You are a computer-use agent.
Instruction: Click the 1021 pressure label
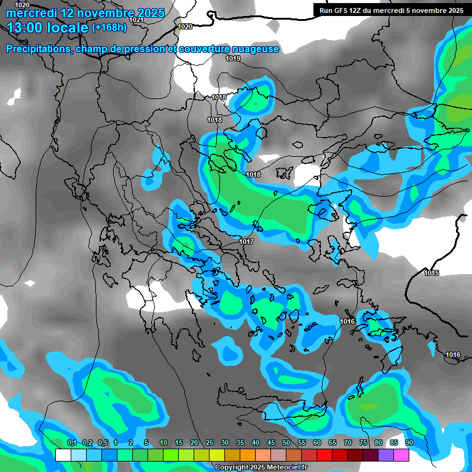click(136, 20)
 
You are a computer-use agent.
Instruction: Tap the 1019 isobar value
click(233, 58)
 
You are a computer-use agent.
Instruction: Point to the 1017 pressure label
click(246, 242)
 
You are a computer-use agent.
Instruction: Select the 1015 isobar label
click(431, 272)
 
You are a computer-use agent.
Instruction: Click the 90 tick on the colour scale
click(409, 443)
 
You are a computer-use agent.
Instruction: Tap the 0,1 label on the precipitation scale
click(71, 443)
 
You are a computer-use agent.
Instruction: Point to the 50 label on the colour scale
click(286, 443)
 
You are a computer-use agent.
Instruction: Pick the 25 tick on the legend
click(210, 443)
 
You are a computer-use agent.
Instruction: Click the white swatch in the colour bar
click(63, 455)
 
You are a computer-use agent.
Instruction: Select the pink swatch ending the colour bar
click(401, 455)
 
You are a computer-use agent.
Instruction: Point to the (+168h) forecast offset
click(109, 28)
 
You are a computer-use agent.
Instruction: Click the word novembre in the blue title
click(106, 13)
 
